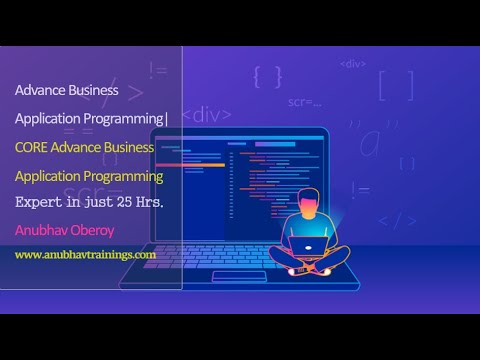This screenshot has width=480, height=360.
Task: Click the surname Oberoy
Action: [x=101, y=231]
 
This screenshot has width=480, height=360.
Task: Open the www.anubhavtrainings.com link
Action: [x=85, y=255]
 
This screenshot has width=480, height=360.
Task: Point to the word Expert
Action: [x=38, y=202]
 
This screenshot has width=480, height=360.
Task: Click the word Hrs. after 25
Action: [x=146, y=202]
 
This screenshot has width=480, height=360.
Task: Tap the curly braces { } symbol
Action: [x=267, y=77]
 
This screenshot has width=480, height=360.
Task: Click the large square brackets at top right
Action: [x=395, y=85]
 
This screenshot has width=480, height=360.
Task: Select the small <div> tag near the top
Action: [x=352, y=63]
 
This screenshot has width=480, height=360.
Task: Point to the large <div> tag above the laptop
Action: [x=212, y=115]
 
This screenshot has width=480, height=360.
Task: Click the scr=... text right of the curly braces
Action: [x=305, y=101]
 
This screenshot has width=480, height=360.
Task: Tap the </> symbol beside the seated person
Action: [x=396, y=220]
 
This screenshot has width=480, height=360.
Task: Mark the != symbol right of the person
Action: [x=359, y=191]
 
